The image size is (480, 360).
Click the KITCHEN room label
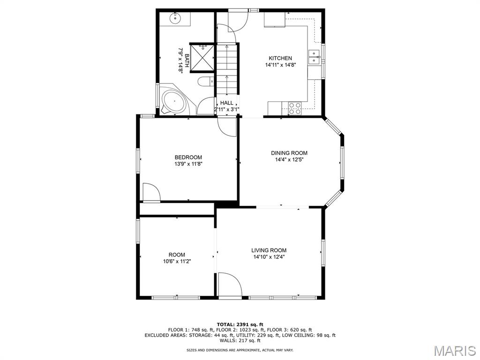click(280, 58)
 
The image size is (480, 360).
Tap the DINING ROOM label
click(289, 153)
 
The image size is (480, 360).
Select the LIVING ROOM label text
click(269, 250)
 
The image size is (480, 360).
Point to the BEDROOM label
click(188, 157)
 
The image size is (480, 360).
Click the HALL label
click(226, 103)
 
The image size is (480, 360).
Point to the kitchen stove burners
click(295, 108)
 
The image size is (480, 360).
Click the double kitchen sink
click(314, 57)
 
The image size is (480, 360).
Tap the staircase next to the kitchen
click(227, 69)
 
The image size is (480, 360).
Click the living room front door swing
click(230, 285)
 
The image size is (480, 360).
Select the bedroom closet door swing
click(151, 193)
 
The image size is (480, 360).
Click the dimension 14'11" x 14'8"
click(280, 65)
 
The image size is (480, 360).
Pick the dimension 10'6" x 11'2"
click(177, 262)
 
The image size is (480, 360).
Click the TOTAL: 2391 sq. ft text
click(240, 324)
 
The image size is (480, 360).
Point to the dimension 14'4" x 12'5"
click(289, 159)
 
